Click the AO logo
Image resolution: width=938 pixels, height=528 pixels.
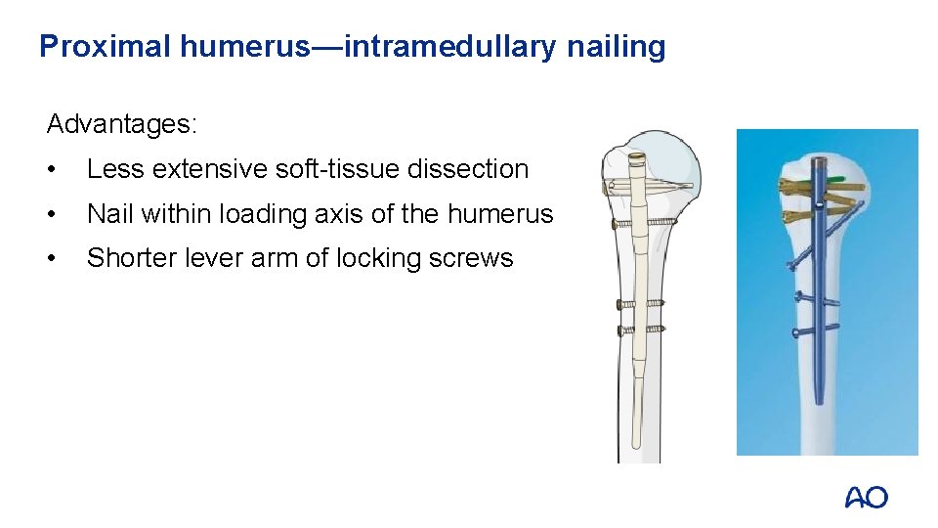click(x=866, y=498)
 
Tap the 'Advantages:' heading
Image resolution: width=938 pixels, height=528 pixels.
click(x=122, y=124)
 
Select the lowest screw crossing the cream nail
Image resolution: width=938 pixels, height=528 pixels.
click(x=640, y=330)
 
